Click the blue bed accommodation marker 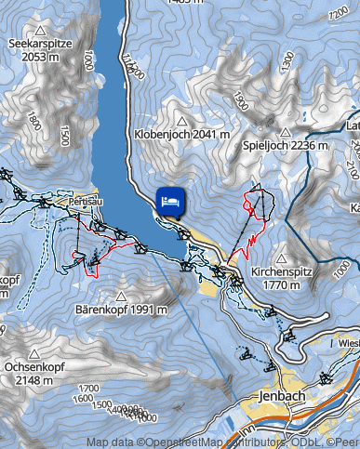[170, 201]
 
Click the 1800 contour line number [34, 121]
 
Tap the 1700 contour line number [89, 388]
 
